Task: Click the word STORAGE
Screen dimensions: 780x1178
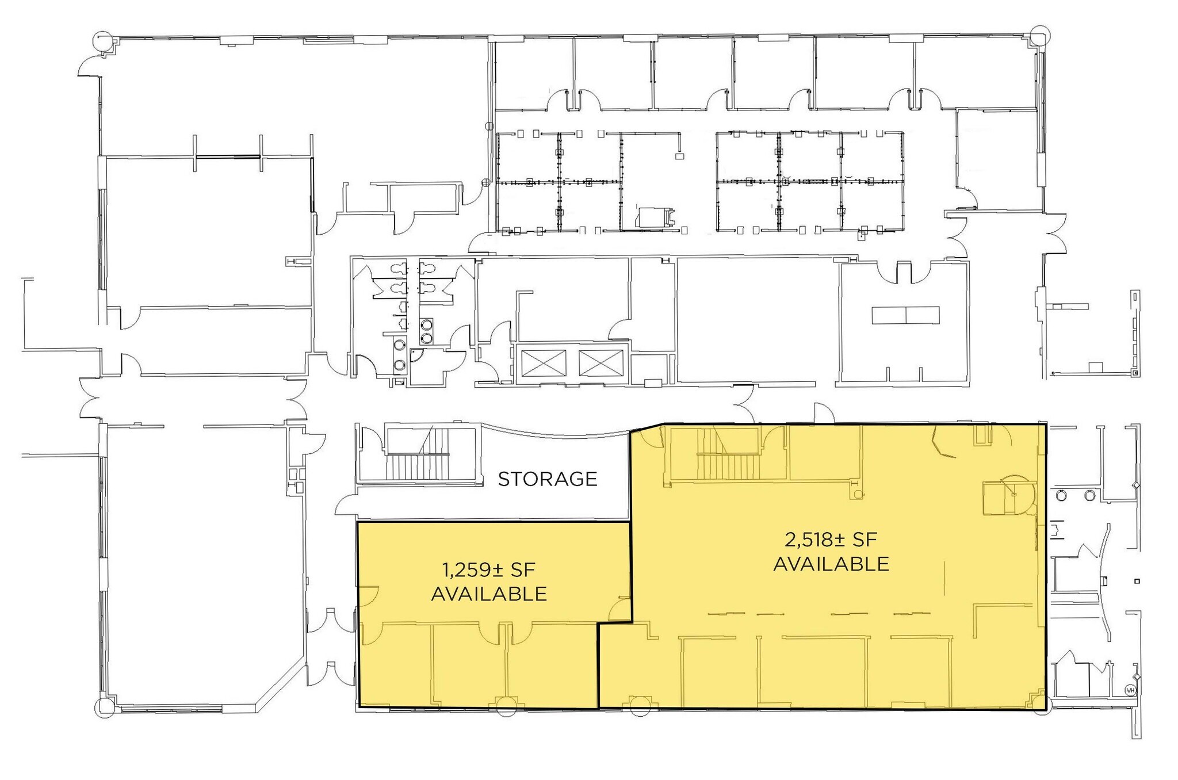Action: (x=547, y=479)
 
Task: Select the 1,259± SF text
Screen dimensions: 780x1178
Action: (x=488, y=570)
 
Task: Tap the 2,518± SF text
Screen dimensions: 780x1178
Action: (x=831, y=540)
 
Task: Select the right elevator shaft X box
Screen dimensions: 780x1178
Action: (x=601, y=363)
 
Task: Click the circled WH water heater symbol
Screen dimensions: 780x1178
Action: (x=1130, y=690)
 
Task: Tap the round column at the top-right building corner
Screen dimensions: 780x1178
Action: (x=1040, y=35)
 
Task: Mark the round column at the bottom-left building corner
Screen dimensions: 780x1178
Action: (x=105, y=707)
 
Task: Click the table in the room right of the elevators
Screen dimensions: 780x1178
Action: (x=905, y=315)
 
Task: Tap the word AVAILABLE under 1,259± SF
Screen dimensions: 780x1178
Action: (x=488, y=594)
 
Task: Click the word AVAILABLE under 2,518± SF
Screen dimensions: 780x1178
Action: (x=831, y=564)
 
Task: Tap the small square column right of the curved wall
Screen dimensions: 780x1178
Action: (x=1137, y=582)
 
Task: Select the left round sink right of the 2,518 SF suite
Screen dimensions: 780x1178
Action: (x=1062, y=495)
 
